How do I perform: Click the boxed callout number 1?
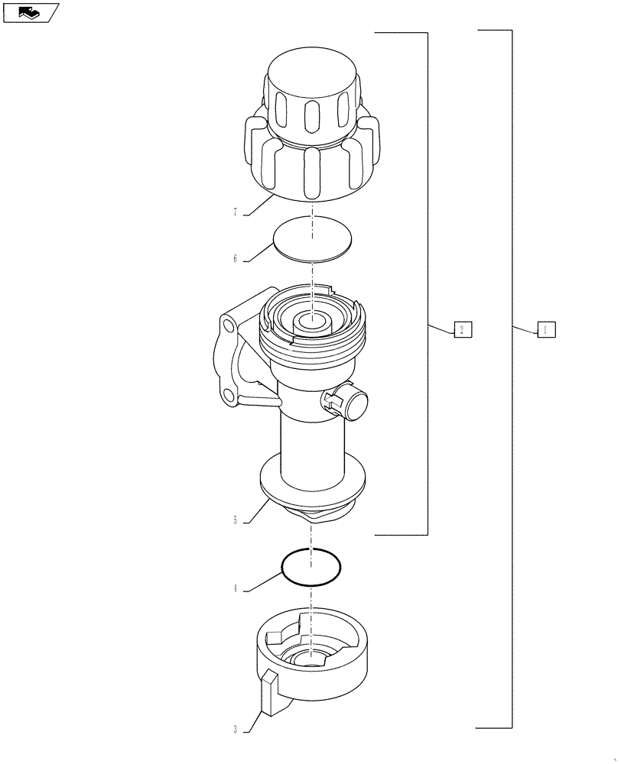click(545, 330)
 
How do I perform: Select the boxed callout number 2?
click(463, 330)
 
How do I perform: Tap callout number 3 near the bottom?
click(236, 730)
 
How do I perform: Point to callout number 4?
click(236, 589)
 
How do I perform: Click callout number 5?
click(236, 520)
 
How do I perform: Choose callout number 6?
click(236, 259)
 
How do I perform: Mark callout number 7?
click(236, 213)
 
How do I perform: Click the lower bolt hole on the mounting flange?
click(227, 394)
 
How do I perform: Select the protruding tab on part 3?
click(269, 691)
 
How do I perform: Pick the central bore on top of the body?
click(311, 323)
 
